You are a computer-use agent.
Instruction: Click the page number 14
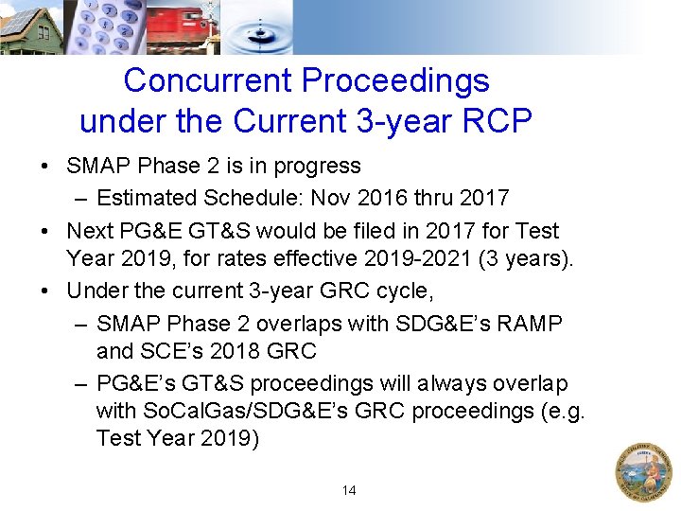point(349,490)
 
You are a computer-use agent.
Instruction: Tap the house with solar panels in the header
point(30,26)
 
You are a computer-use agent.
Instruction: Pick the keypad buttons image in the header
point(105,26)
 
